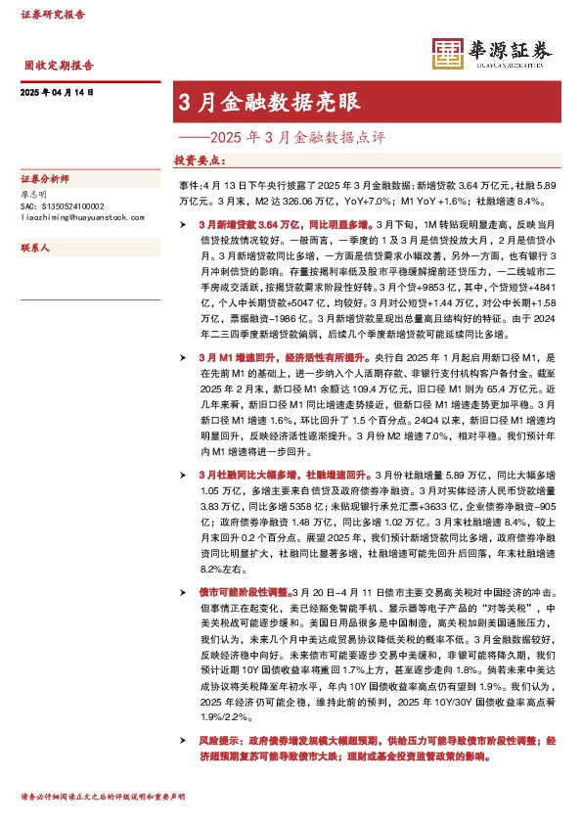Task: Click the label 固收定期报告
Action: tap(59, 67)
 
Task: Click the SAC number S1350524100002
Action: tap(62, 206)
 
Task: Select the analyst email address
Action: tap(82, 218)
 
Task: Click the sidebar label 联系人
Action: tap(35, 249)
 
